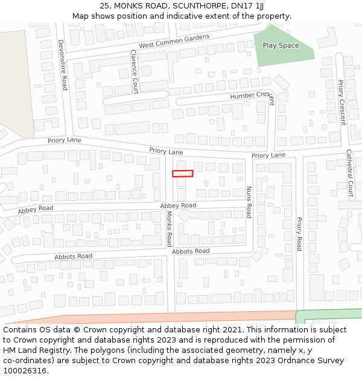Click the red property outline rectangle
tap(182, 174)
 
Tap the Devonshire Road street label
tap(63, 65)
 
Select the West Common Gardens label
tap(174, 41)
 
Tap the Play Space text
tap(281, 45)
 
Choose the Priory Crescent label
tap(341, 103)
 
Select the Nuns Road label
tap(249, 201)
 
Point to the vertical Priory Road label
tap(299, 234)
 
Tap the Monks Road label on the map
tap(170, 229)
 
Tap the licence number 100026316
tap(24, 371)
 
